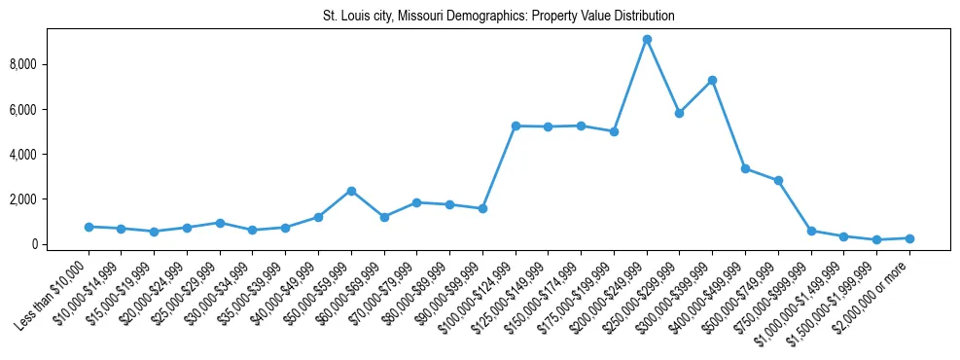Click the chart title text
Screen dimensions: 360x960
(498, 17)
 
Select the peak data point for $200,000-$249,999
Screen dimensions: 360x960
(647, 39)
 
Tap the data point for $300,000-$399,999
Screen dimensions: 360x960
(712, 80)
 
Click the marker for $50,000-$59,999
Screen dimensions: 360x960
(351, 191)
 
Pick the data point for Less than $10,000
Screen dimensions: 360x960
(89, 227)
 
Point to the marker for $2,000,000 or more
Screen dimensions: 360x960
(909, 238)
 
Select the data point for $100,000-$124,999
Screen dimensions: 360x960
(516, 126)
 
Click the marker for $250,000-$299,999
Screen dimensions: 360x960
(679, 113)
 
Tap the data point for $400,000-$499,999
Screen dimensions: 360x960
(745, 168)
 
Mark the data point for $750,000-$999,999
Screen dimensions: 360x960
(811, 231)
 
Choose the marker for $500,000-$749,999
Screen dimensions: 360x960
(778, 180)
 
